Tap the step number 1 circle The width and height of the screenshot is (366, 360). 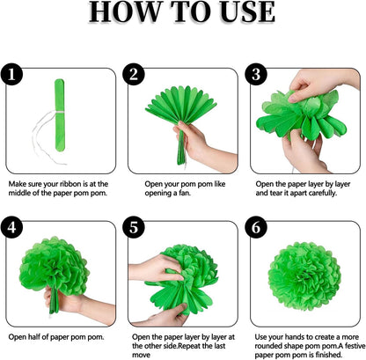(14, 77)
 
